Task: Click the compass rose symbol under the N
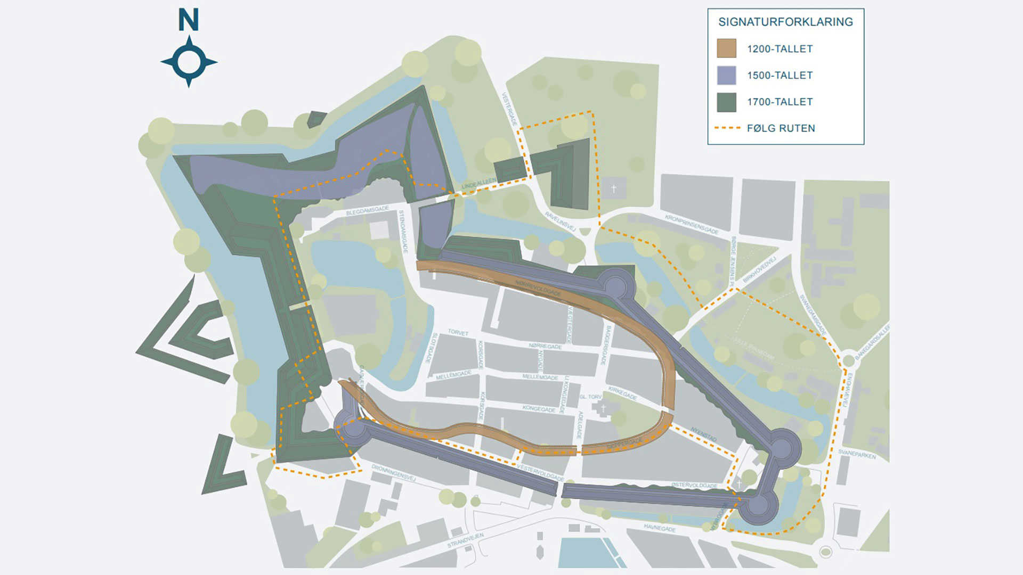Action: point(189,62)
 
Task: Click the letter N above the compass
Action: point(189,20)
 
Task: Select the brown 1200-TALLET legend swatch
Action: point(726,48)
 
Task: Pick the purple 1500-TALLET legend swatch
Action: point(726,75)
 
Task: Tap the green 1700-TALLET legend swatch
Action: point(726,102)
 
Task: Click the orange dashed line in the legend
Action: point(727,128)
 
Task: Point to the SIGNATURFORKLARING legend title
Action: point(785,22)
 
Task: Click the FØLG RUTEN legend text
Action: point(781,128)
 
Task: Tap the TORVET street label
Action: point(458,333)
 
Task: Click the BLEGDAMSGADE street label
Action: point(368,210)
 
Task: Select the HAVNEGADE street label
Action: point(660,528)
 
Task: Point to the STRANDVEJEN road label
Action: point(465,540)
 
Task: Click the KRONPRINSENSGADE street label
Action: point(692,224)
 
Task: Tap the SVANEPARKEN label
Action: point(857,454)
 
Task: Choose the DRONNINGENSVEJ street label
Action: point(393,472)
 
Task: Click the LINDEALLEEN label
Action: point(478,184)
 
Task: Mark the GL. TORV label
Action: point(590,397)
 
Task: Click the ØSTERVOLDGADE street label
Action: point(694,486)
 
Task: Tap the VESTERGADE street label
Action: point(509,109)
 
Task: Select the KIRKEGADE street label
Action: point(622,393)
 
